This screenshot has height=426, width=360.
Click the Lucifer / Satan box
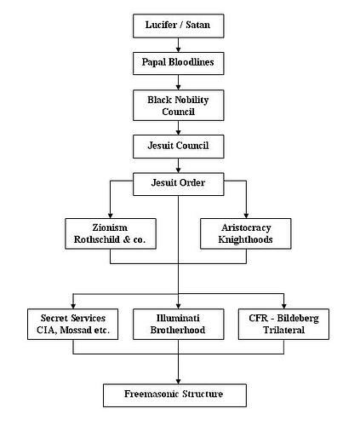(177, 26)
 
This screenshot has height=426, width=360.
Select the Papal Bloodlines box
(177, 62)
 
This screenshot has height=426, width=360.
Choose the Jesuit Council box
(177, 146)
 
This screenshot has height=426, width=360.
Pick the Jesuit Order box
(177, 183)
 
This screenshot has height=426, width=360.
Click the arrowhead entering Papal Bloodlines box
(177, 49)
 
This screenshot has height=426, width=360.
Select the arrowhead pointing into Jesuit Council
(177, 132)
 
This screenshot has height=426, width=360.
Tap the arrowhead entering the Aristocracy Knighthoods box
(246, 215)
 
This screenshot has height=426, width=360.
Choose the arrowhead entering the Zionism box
(109, 215)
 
